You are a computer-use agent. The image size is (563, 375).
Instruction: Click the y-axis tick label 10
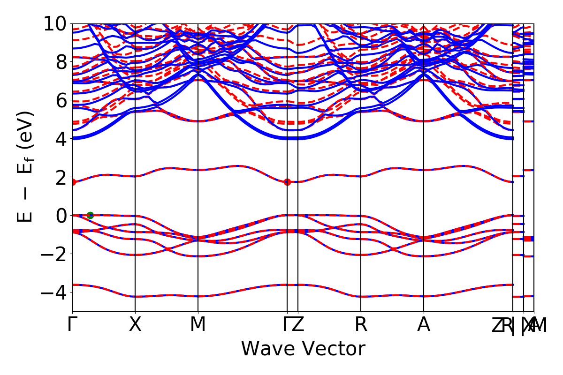[x=56, y=23]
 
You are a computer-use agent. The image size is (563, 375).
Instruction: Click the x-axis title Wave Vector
[x=303, y=349]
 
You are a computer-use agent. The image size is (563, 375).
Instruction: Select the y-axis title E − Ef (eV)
[x=26, y=167]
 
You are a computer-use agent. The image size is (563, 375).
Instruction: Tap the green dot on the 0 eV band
[x=90, y=215]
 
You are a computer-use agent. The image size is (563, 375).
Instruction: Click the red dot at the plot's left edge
[x=73, y=182]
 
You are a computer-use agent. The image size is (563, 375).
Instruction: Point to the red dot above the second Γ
[x=287, y=182]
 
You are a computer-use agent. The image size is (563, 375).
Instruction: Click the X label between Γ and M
[x=135, y=325]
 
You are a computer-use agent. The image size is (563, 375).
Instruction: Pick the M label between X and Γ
[x=198, y=325]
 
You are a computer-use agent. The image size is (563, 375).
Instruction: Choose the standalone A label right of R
[x=424, y=325]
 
